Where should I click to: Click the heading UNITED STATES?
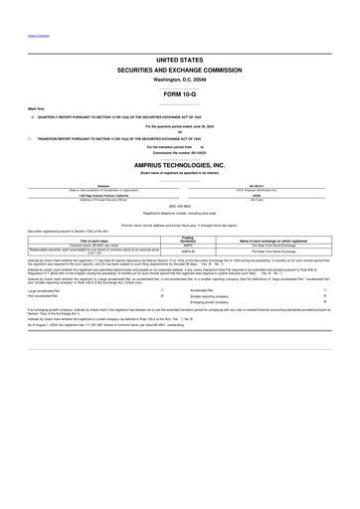(180, 61)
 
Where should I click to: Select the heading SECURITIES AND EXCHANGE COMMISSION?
(180, 71)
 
